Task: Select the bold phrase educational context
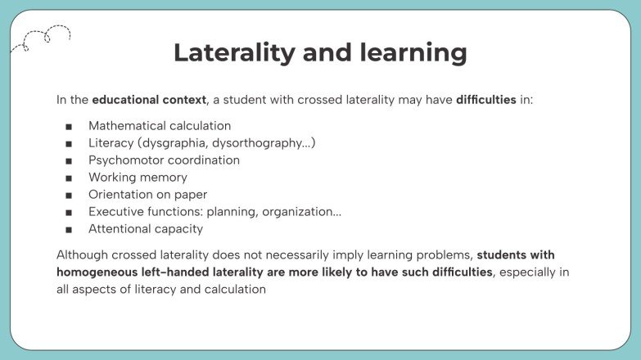(x=149, y=100)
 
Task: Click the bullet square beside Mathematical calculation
(x=69, y=126)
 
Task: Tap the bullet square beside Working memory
(x=69, y=178)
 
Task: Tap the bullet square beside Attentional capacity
(x=69, y=229)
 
